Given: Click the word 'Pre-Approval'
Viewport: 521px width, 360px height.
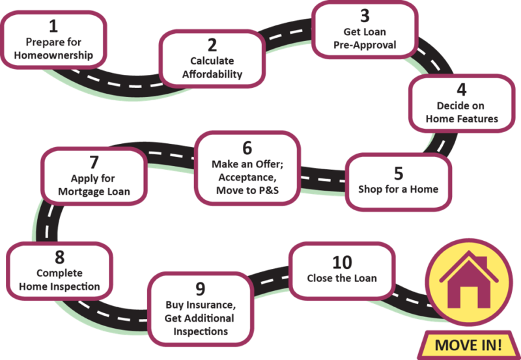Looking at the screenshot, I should click(x=365, y=46).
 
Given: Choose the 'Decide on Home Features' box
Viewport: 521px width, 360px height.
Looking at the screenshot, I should click(x=462, y=104).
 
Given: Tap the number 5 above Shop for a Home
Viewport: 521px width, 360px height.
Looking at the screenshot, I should click(x=398, y=173).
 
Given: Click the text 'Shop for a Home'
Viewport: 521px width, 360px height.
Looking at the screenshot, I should click(x=398, y=189).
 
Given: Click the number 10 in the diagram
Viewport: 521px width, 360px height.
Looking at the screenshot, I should click(x=341, y=262).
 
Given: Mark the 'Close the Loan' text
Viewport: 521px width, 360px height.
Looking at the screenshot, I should click(x=341, y=279).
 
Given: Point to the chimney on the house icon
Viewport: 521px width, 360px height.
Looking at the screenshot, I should click(x=481, y=262).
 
